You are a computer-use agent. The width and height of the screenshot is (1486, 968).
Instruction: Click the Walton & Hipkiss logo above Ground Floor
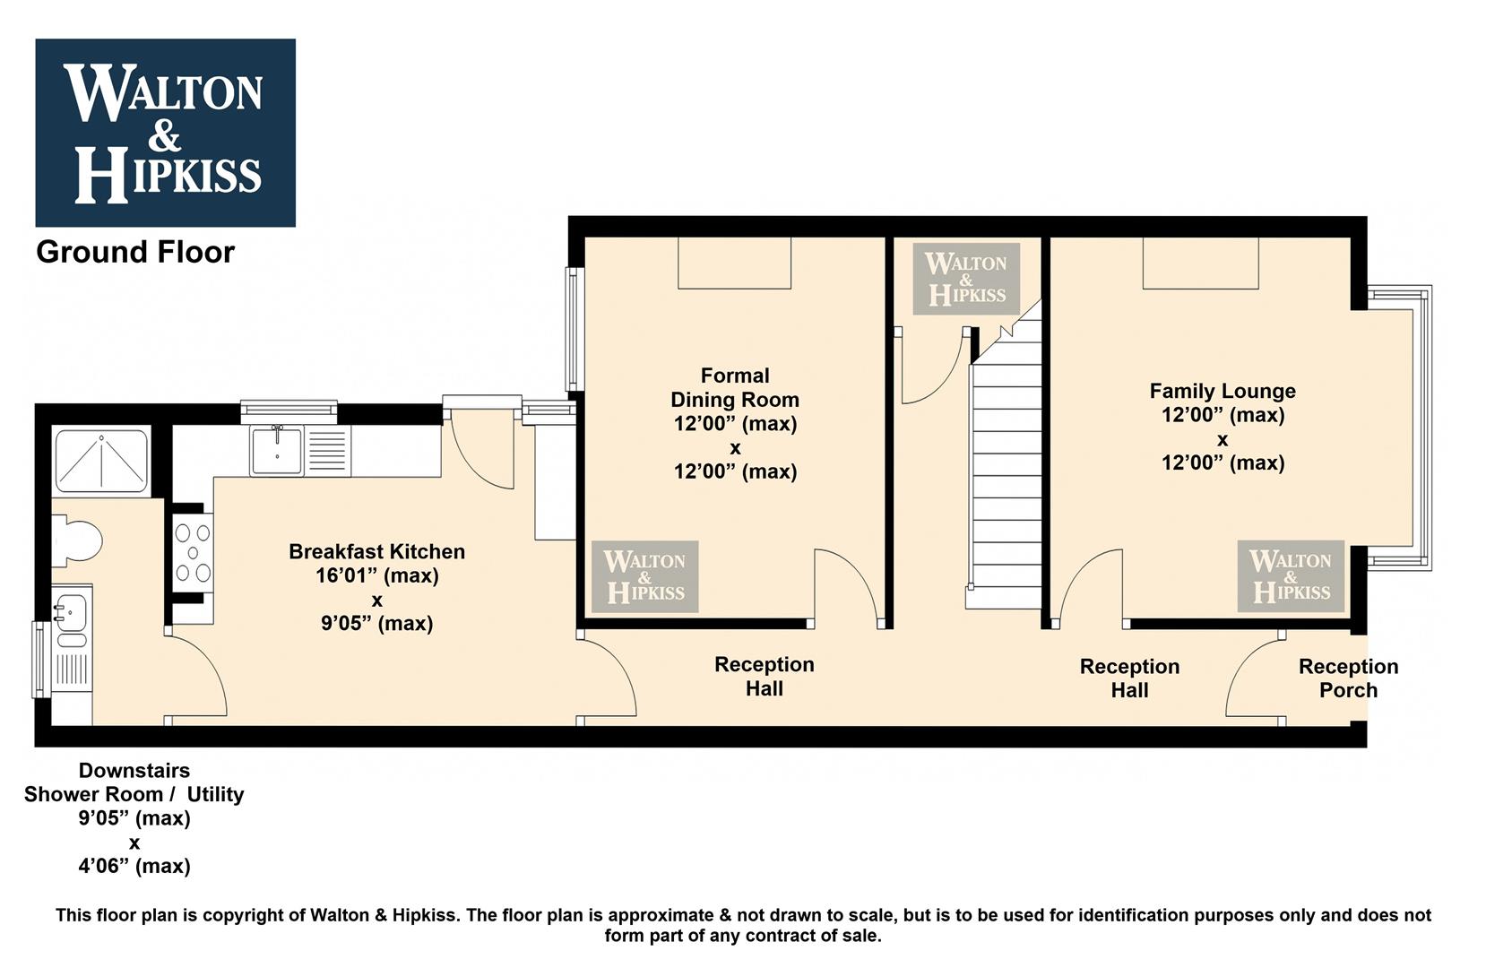tap(165, 133)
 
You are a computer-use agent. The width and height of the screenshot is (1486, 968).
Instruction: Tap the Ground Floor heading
tap(135, 253)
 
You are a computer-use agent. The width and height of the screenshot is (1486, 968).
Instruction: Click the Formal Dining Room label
tap(735, 387)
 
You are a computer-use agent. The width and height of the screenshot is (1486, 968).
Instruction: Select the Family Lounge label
tap(1222, 391)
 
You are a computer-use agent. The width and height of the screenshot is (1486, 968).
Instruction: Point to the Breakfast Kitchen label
tap(376, 551)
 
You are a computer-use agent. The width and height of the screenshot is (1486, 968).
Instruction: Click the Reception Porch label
tap(1348, 678)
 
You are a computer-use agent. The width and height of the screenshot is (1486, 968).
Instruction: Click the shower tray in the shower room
tap(101, 461)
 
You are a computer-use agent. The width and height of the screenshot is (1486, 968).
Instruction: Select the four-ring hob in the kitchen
tap(193, 553)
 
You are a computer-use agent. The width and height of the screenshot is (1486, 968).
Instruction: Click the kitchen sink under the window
tap(277, 451)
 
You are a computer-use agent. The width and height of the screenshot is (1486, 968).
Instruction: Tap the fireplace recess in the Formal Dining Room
tap(734, 263)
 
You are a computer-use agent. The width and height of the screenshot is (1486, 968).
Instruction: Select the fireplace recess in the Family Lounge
tap(1200, 263)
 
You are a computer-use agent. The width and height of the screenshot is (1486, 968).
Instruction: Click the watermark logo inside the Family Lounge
tap(1291, 576)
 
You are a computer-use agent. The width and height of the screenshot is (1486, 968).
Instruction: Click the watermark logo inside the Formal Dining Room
tap(644, 576)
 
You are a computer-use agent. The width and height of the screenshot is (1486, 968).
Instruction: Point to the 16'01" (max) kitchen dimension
tap(376, 575)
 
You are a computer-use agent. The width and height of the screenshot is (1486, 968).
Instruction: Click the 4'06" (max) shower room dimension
tap(134, 866)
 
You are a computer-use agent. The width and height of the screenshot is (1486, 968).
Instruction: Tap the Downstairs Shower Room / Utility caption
tap(134, 782)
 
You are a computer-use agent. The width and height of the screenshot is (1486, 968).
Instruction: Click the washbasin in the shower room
tap(70, 609)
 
